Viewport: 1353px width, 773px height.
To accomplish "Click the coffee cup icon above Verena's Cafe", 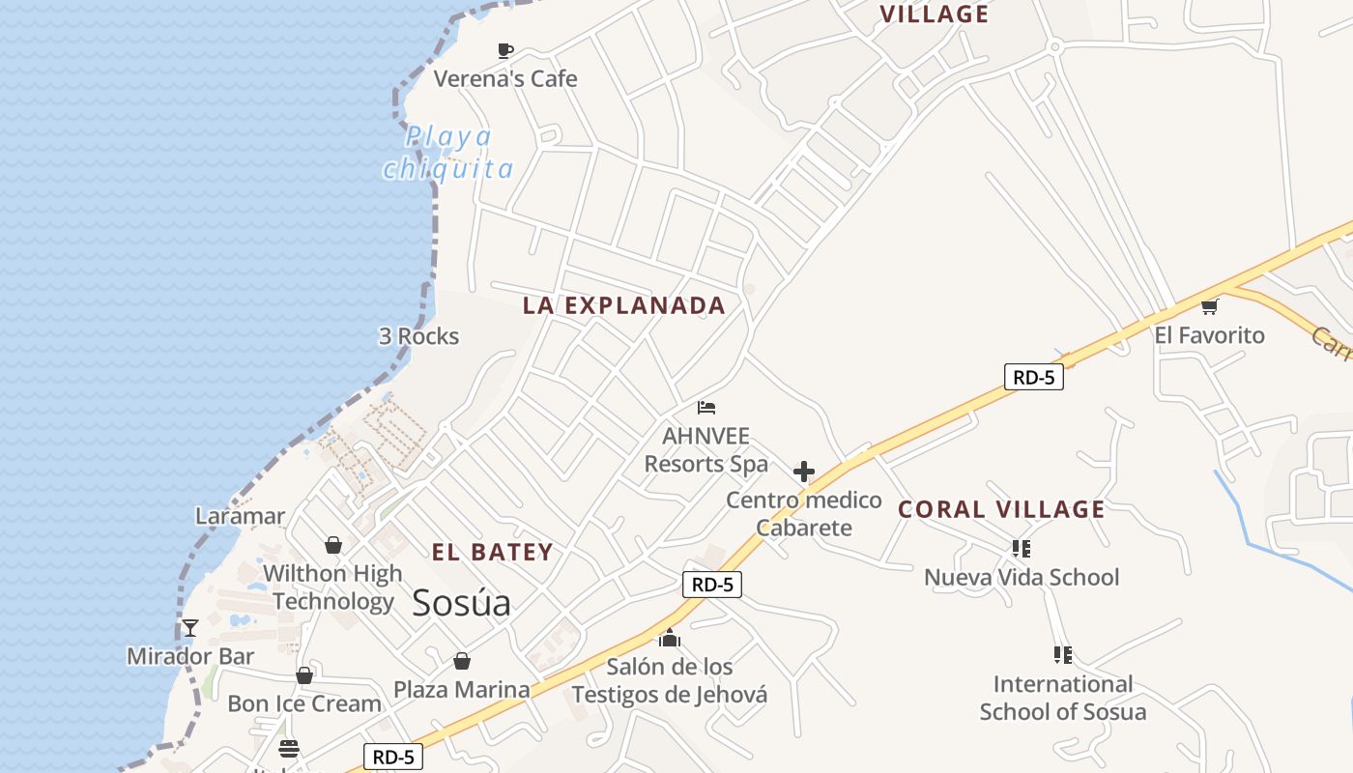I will click(504, 50).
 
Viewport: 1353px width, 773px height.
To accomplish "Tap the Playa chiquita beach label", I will click(448, 153).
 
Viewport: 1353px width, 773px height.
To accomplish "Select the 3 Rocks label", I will click(418, 336).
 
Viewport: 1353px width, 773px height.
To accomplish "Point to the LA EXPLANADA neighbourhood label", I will click(623, 305).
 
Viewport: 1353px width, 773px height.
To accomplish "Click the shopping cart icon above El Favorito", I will click(1209, 307).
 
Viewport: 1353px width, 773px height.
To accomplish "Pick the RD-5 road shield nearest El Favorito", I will click(1034, 377).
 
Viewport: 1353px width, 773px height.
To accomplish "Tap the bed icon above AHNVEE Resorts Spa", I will click(706, 408).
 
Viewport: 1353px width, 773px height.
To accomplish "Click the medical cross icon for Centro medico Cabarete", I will click(803, 472).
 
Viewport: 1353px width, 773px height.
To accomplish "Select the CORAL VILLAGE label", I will click(1001, 509).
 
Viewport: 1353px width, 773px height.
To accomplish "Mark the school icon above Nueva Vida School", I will click(1021, 549).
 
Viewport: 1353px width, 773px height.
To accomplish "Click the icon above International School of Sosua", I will click(1063, 655).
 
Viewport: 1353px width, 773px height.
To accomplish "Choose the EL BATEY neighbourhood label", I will click(492, 553).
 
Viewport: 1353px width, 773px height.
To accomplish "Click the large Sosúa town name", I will click(461, 603).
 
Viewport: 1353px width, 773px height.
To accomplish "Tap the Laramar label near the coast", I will click(240, 516).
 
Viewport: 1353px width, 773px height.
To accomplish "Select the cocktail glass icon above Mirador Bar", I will click(190, 628).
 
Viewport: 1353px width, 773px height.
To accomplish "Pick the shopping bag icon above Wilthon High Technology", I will click(333, 545).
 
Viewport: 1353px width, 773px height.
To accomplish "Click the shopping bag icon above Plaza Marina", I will click(462, 661).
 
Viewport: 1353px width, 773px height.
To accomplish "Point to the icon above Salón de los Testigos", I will click(669, 638).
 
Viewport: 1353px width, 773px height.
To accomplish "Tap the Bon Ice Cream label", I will click(304, 703).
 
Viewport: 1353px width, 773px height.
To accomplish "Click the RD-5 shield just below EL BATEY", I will click(712, 584).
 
